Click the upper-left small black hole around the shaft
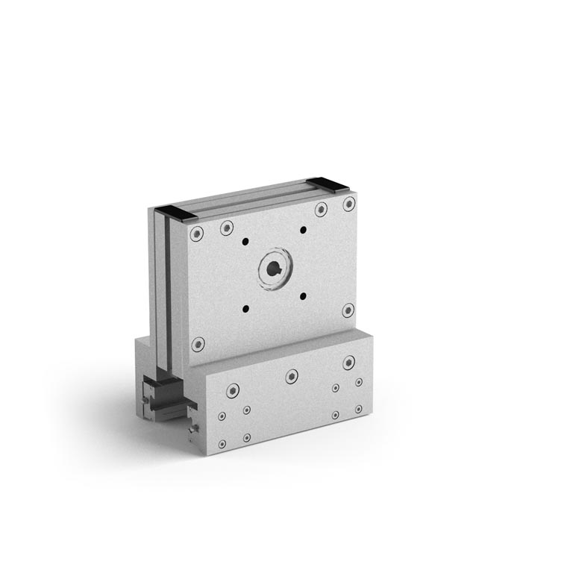click(x=245, y=241)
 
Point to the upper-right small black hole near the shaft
click(x=303, y=229)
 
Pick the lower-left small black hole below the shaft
click(x=245, y=307)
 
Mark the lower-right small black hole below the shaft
click(x=303, y=295)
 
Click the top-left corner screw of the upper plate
click(x=197, y=234)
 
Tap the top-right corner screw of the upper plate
click(x=348, y=204)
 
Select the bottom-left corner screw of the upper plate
click(x=198, y=344)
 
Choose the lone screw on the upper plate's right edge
click(x=348, y=310)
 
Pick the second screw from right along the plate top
click(x=321, y=210)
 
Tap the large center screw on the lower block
click(x=292, y=377)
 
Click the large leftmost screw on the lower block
click(x=234, y=390)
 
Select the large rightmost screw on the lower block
click(x=348, y=363)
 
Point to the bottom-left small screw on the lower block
click(x=222, y=445)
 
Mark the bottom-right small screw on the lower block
click(x=359, y=410)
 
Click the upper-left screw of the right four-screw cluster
click(x=336, y=388)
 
